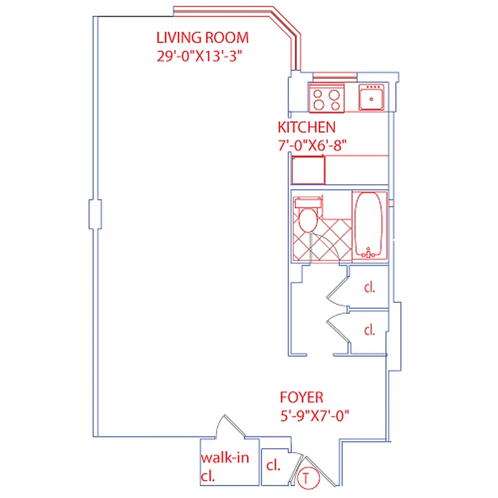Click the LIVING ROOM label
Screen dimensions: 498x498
click(202, 37)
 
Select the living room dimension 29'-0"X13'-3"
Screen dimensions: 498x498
click(199, 55)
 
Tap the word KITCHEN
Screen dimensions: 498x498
click(306, 128)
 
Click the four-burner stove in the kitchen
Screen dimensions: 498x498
click(327, 98)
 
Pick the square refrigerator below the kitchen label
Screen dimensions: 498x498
click(308, 170)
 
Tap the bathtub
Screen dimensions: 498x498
click(370, 225)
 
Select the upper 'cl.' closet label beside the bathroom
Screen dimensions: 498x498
click(370, 288)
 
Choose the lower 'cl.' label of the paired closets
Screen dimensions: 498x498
click(370, 330)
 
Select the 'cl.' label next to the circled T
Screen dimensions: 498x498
click(272, 466)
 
